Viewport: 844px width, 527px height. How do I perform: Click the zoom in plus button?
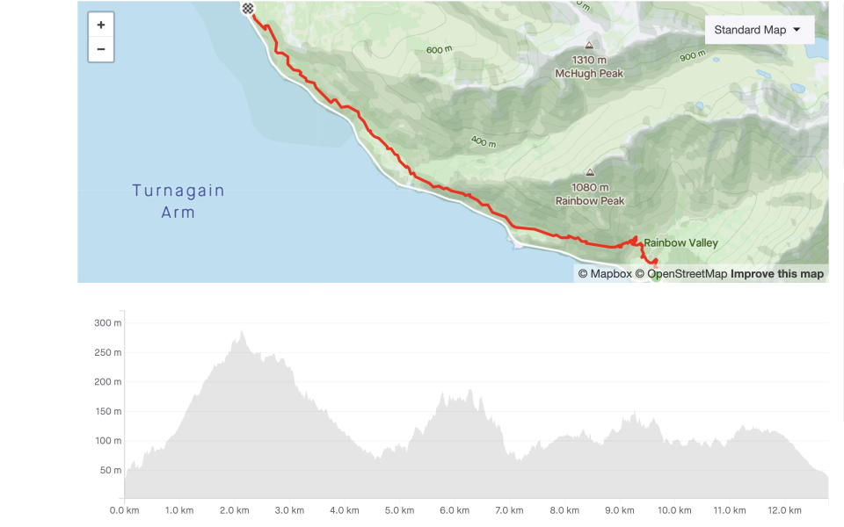pos(101,25)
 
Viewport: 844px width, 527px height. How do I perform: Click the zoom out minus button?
pos(101,49)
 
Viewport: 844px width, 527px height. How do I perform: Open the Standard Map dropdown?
pos(759,30)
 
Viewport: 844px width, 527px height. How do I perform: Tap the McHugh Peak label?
pos(589,74)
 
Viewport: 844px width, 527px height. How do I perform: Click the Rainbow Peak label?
pos(590,201)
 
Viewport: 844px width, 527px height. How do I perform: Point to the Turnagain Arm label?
pos(178,201)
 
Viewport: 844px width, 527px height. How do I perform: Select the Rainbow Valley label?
pos(680,243)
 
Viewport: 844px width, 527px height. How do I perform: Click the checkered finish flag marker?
pos(248,9)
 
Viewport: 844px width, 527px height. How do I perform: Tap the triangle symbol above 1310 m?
pos(589,45)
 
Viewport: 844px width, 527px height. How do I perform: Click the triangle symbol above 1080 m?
pos(590,172)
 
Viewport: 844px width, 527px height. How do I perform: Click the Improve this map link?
pos(777,274)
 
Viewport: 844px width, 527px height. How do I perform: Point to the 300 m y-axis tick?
pos(107,323)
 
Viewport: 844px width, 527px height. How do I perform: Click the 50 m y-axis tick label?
pos(110,470)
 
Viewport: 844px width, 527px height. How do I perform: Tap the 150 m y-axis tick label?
pos(107,411)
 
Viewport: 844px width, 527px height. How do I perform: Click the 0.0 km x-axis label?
pos(125,510)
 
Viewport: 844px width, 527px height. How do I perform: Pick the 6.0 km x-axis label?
pos(455,510)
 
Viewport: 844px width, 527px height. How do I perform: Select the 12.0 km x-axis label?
pos(784,510)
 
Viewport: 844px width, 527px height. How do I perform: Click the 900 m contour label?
pos(693,56)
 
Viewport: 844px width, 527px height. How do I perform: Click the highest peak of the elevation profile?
pos(242,332)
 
